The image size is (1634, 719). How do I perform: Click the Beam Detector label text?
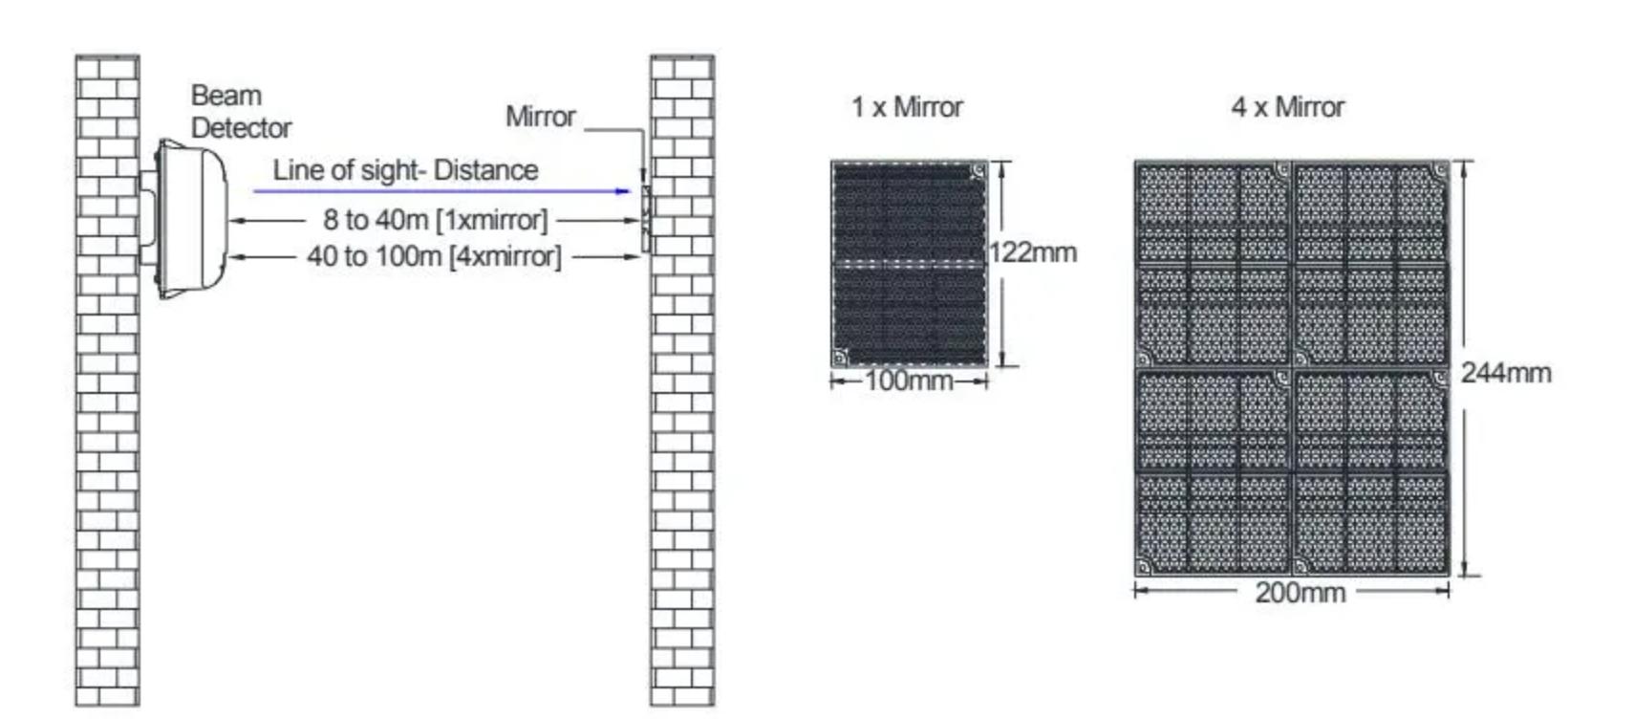(240, 111)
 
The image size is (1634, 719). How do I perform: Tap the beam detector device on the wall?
(191, 218)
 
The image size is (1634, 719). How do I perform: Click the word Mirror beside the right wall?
(540, 117)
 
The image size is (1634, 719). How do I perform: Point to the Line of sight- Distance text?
(405, 170)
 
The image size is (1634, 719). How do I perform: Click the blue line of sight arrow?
(440, 191)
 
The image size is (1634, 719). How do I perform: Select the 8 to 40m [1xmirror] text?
(435, 220)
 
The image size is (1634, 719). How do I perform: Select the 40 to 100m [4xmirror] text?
(434, 256)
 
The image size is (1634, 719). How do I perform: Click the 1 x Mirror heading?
(907, 107)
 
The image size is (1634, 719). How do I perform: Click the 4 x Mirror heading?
(1287, 107)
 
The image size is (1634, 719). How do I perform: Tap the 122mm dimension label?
(1033, 252)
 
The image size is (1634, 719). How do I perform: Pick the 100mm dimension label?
(909, 381)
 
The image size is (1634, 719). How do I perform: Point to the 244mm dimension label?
(1505, 373)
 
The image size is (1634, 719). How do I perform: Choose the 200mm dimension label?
(1300, 593)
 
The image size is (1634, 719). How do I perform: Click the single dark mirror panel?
(909, 263)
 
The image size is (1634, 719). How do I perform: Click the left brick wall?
(107, 430)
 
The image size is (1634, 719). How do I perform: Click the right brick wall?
(681, 430)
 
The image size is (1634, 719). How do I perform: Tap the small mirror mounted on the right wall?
(646, 218)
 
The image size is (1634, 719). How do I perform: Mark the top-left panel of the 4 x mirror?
(1213, 263)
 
